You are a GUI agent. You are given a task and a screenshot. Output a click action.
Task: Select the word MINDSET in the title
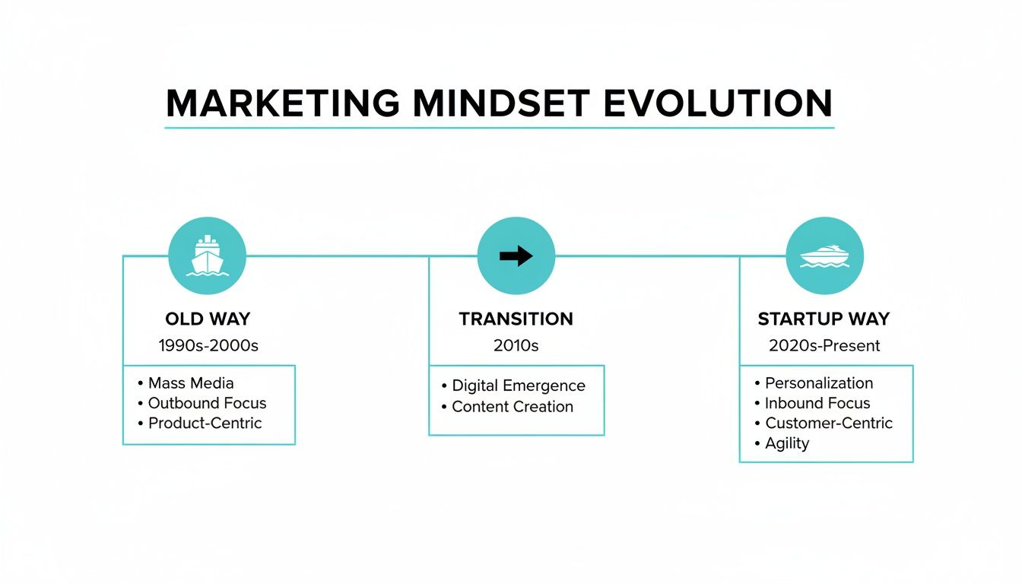501,103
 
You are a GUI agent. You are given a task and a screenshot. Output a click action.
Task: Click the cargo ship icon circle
207,256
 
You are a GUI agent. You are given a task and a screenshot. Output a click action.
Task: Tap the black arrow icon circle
516,256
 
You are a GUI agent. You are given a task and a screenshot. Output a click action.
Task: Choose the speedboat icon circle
824,256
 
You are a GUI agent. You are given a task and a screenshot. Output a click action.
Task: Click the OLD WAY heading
208,319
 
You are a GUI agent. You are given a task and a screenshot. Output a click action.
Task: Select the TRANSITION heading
516,319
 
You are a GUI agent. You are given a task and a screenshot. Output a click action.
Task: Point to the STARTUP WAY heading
824,319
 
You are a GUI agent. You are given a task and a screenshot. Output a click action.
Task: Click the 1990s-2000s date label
208,346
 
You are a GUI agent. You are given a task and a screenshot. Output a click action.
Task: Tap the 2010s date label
516,346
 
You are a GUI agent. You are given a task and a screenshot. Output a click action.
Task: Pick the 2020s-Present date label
824,346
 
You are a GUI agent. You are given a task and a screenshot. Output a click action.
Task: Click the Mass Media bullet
190,383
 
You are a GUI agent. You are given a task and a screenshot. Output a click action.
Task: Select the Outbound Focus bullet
207,403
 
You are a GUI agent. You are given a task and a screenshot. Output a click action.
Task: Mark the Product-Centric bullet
205,424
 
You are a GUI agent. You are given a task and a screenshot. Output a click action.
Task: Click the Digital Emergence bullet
518,386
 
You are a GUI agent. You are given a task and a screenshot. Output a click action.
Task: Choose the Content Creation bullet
512,407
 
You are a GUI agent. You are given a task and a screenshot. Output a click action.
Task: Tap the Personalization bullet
818,383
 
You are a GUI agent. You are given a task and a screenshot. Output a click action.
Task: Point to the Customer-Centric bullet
828,424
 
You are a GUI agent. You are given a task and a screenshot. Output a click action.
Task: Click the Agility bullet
787,443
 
